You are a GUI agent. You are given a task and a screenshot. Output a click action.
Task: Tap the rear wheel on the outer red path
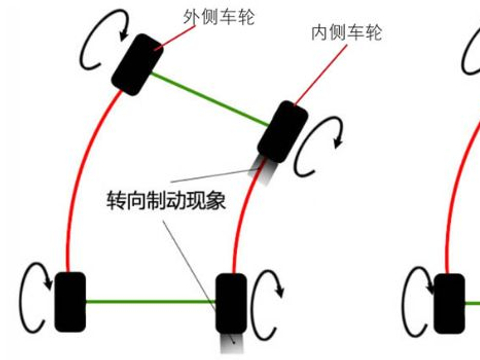(69, 301)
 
